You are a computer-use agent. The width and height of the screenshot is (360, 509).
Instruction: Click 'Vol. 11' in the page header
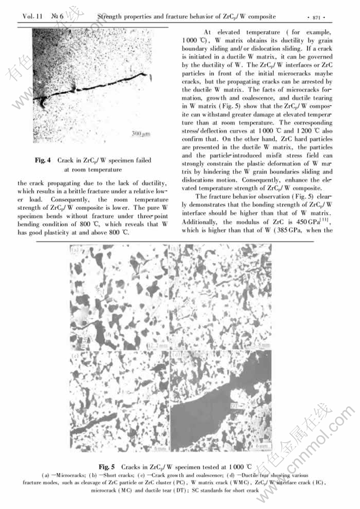click(x=33, y=17)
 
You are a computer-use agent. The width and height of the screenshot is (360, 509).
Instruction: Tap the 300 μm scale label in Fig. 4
click(x=141, y=135)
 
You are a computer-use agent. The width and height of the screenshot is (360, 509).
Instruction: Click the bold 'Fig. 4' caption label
click(x=43, y=160)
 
